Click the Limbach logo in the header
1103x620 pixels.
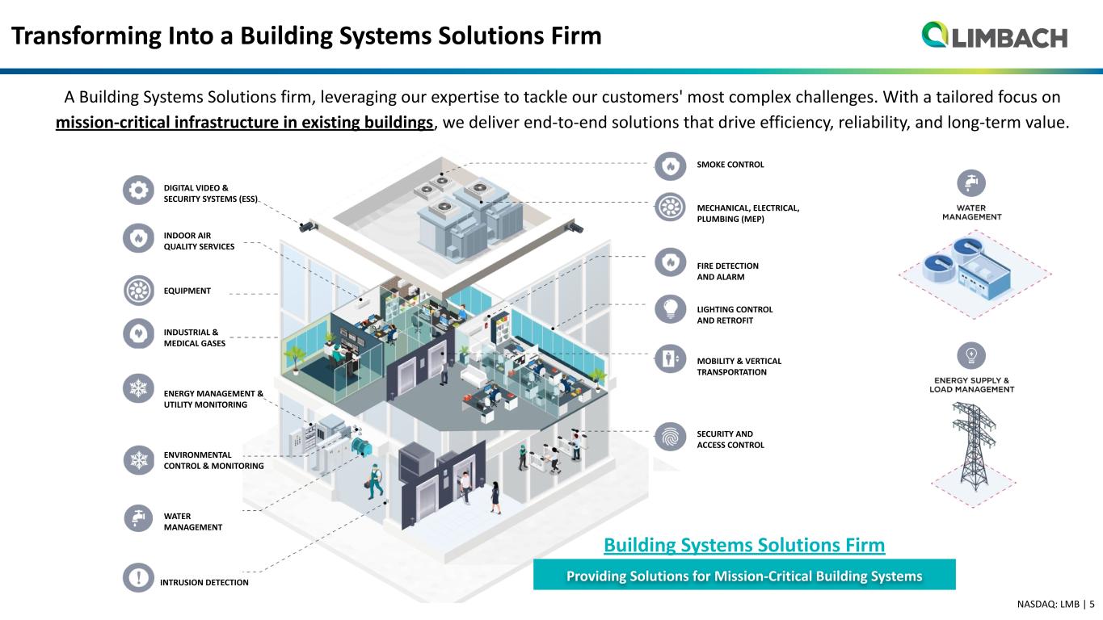(994, 35)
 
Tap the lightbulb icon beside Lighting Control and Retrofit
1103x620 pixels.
(670, 310)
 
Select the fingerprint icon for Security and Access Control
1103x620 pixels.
(670, 437)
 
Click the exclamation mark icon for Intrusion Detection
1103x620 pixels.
(138, 577)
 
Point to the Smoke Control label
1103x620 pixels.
(730, 165)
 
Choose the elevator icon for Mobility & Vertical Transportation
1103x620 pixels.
(670, 358)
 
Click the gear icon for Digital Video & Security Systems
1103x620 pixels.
(138, 190)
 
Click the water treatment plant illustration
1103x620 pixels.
(974, 274)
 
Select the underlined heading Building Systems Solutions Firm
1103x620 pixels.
(744, 545)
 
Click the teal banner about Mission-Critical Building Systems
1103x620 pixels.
(744, 575)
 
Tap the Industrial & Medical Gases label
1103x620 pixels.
(195, 337)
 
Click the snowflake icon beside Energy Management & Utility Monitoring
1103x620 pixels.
(138, 388)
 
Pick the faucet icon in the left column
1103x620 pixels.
(138, 517)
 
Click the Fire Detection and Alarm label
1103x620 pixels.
(727, 271)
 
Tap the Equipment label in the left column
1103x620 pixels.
(187, 291)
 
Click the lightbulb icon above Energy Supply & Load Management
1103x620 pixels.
(971, 355)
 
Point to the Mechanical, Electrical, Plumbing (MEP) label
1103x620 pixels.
(748, 213)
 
